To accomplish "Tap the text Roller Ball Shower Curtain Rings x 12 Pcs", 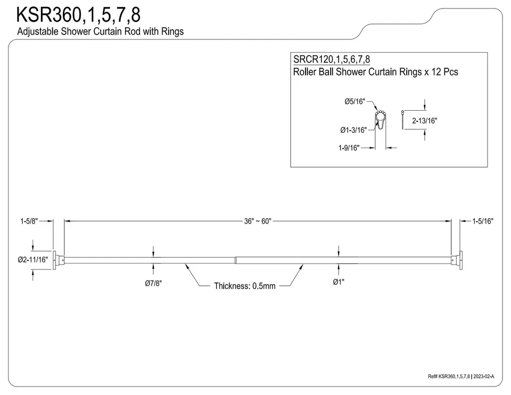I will click(375, 72).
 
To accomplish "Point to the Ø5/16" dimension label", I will click(355, 102).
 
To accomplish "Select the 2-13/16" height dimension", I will click(424, 121).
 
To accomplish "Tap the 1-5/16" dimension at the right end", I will click(482, 221).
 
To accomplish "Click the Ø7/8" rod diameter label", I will click(153, 284).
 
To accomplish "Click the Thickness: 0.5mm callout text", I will click(245, 286).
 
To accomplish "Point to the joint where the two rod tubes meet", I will click(235, 260).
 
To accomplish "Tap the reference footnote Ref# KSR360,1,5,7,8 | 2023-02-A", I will click(461, 376).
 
